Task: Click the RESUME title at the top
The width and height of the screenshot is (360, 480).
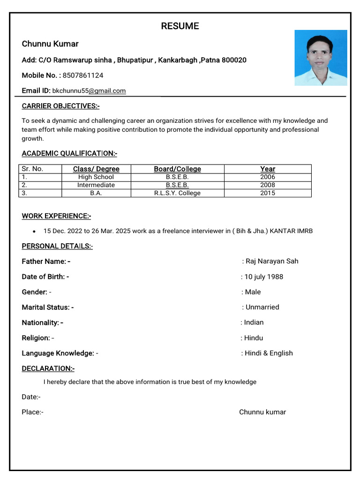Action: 180,26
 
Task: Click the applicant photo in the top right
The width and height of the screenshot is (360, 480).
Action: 321,58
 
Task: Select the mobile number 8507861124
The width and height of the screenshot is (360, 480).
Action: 83,75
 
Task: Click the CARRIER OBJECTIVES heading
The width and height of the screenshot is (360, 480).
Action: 60,106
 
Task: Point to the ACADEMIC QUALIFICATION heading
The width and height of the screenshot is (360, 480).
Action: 69,153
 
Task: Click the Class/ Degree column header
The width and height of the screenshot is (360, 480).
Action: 96,169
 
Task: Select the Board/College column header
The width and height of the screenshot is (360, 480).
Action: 177,169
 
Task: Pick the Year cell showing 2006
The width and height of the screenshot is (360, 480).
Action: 268,177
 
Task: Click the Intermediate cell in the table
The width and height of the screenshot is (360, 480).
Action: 96,185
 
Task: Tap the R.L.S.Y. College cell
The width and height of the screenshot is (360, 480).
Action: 177,193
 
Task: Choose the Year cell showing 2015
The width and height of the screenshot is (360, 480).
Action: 268,193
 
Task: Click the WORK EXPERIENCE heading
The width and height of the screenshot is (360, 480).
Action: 56,216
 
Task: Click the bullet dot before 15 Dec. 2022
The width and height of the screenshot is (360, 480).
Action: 34,232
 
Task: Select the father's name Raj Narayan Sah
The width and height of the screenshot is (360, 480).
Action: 272,261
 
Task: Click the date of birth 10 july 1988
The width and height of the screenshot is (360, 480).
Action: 264,277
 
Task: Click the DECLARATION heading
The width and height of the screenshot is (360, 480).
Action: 48,368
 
